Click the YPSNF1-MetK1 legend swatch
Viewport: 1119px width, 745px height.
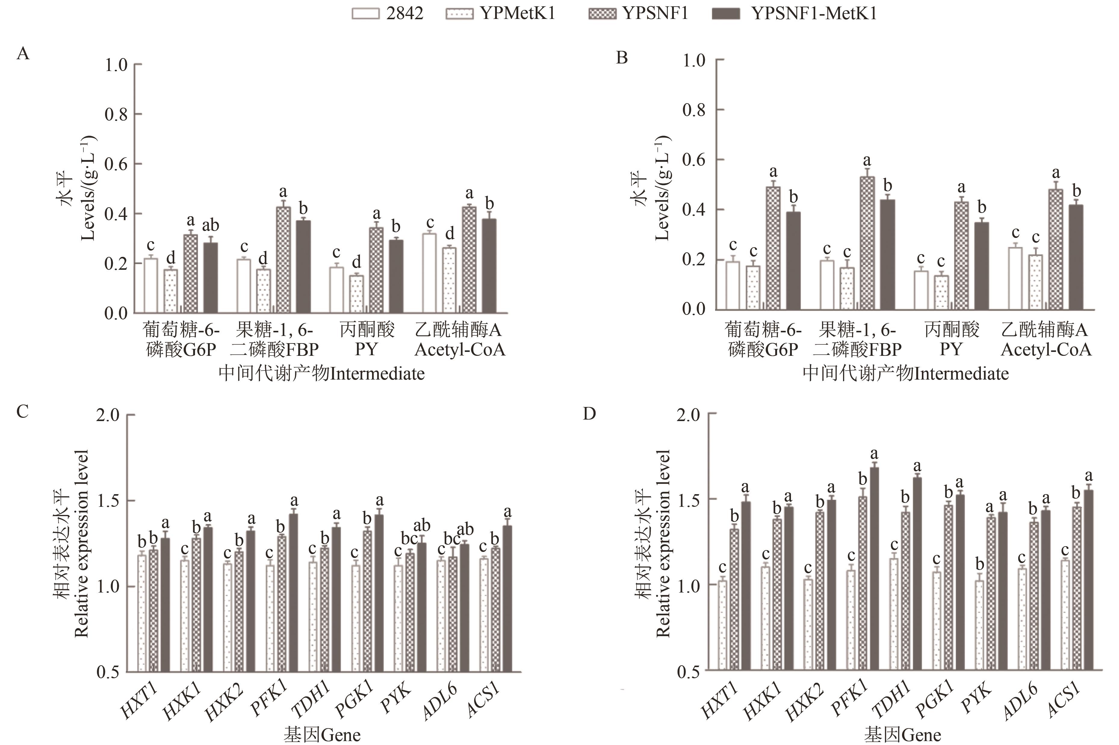coord(726,14)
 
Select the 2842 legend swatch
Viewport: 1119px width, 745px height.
coord(366,14)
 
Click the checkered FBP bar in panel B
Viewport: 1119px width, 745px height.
coord(867,242)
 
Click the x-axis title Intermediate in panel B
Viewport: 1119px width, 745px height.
coord(906,374)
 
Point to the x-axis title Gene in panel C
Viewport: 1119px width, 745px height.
coord(322,735)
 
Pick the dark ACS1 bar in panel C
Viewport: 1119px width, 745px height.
coord(507,599)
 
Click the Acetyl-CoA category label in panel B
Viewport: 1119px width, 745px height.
coord(1046,339)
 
